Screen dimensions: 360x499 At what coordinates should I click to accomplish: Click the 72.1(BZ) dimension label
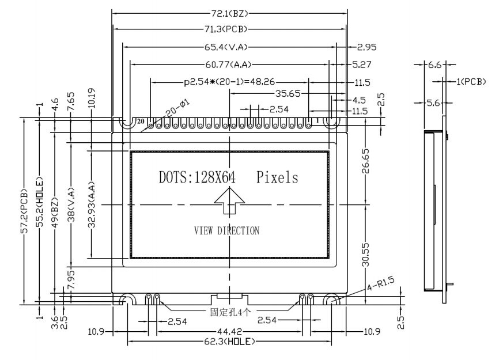tap(230, 12)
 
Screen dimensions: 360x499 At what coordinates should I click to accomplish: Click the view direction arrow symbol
tap(229, 203)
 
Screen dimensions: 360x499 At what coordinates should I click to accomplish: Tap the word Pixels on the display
tap(277, 177)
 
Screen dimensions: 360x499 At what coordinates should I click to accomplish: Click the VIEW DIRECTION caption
tap(226, 230)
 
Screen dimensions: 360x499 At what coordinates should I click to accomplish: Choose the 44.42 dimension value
tap(230, 331)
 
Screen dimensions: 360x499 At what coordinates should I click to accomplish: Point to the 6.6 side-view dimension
tap(434, 66)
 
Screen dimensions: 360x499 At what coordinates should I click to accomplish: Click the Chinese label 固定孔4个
tap(230, 314)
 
